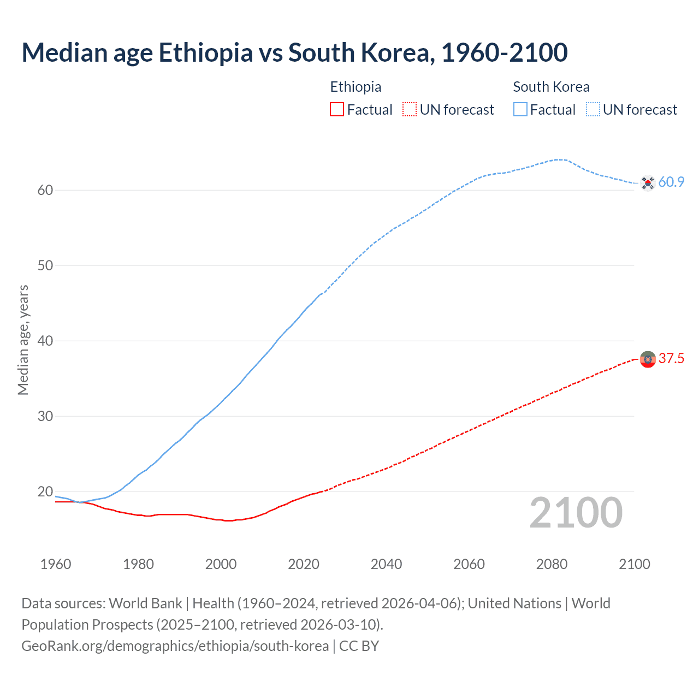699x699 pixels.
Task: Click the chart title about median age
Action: tap(294, 52)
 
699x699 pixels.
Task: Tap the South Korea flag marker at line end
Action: tap(648, 183)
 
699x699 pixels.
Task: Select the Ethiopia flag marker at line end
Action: tap(648, 359)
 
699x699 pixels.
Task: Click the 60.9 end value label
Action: tap(671, 182)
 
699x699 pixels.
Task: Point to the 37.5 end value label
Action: tap(671, 359)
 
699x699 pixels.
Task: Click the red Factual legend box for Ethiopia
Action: tap(337, 110)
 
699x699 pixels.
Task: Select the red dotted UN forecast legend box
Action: tap(410, 110)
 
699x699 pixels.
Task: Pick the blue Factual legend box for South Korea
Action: tap(520, 110)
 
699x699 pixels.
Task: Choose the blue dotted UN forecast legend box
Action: tap(593, 110)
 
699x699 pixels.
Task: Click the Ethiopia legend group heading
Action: tap(356, 87)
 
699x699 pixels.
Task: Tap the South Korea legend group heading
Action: tap(551, 87)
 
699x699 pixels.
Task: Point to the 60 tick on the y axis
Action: tap(45, 191)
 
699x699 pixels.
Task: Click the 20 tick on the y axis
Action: tap(45, 491)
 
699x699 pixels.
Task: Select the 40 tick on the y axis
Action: tap(45, 341)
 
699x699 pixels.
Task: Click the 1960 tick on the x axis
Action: tap(56, 564)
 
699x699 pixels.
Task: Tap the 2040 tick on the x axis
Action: tap(386, 564)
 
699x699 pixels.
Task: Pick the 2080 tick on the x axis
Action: tap(552, 564)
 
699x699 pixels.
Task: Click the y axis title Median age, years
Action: tap(23, 340)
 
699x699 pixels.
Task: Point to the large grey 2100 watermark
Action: tap(576, 513)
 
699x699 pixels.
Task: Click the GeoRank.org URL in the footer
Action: tap(175, 646)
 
